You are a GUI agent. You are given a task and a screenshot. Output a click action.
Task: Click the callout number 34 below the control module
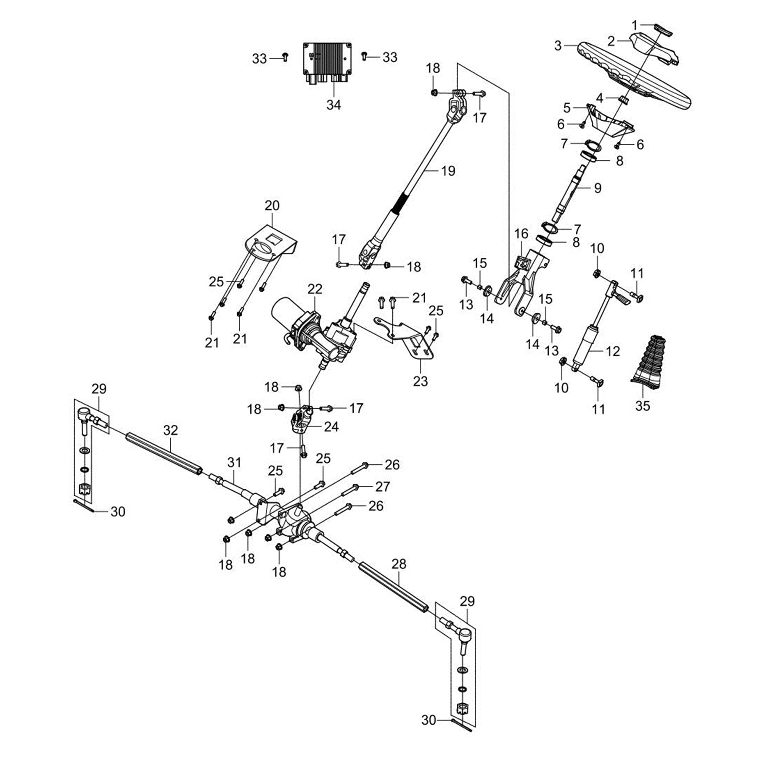point(334,104)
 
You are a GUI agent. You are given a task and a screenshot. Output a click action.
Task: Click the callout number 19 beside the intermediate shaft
point(448,171)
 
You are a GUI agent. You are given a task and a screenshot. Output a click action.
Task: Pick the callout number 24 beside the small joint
point(331,427)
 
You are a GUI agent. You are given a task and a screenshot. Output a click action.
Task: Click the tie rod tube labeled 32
point(164,454)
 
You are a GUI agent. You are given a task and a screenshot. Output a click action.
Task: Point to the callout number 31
point(234,463)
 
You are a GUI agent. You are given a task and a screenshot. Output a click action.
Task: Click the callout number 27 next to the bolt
point(383,487)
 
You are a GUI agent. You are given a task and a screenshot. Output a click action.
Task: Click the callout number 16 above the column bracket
point(521,234)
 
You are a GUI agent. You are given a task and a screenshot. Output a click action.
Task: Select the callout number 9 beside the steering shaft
point(598,188)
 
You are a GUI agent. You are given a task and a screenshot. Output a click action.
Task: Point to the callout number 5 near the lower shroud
point(567,108)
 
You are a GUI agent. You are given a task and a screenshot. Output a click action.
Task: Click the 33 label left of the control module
point(259,58)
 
